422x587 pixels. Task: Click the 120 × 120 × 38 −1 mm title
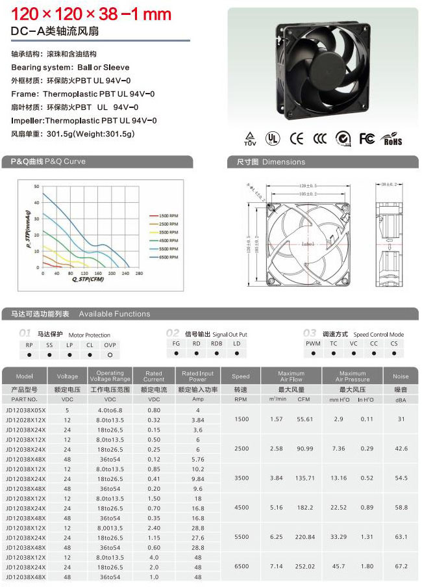click(92, 14)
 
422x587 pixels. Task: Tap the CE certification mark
click(297, 138)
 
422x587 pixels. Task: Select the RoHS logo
click(393, 138)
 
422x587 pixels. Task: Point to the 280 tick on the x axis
click(139, 274)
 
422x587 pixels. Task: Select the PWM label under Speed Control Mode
click(313, 343)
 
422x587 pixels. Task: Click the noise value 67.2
click(401, 566)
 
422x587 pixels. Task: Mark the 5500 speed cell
click(241, 537)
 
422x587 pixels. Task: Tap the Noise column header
click(401, 376)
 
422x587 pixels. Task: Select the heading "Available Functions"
click(114, 314)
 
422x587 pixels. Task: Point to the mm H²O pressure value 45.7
click(338, 566)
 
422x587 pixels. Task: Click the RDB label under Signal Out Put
click(216, 343)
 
